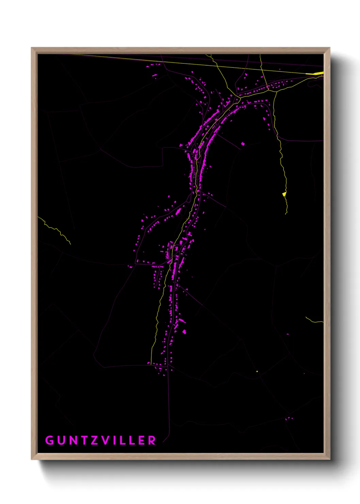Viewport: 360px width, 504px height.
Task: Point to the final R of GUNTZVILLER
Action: [152, 440]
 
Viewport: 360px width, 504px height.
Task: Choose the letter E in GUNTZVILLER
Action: [141, 440]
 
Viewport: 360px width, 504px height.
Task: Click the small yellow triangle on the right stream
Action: [284, 194]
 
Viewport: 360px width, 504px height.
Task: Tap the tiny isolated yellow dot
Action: [257, 371]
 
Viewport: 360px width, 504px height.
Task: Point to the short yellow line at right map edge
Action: [314, 320]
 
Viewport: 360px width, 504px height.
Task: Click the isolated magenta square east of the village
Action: [243, 144]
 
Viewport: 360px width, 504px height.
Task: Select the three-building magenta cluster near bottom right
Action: [289, 418]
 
